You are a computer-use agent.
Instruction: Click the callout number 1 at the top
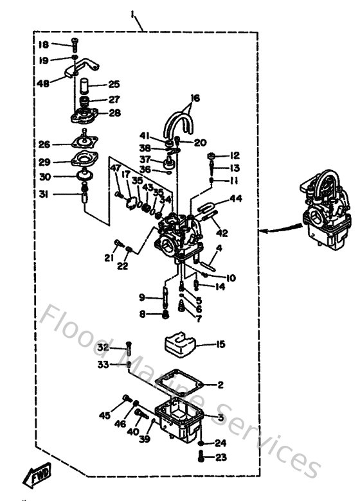[133, 13]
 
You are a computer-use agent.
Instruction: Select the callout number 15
[221, 345]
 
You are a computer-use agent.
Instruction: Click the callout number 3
[221, 418]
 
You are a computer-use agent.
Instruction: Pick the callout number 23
[221, 458]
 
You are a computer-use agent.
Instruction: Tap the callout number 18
[44, 44]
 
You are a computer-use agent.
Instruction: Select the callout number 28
[114, 113]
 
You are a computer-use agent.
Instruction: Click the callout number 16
[195, 98]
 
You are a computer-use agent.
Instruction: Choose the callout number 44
[236, 200]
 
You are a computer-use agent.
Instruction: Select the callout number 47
[115, 168]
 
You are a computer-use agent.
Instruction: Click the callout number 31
[44, 195]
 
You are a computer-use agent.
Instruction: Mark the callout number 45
[105, 415]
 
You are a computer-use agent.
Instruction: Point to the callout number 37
[145, 159]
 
